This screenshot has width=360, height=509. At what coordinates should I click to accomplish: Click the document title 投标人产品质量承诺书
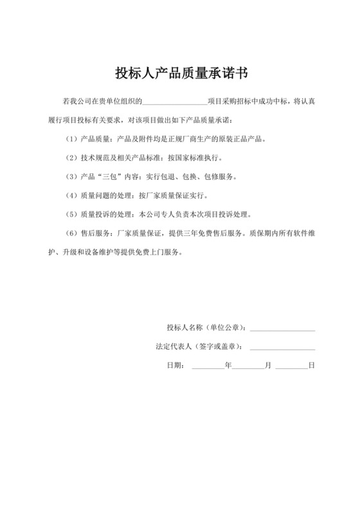tap(181, 72)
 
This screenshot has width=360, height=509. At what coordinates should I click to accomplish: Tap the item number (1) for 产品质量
tap(71, 139)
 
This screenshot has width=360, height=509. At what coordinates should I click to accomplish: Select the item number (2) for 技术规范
tap(71, 157)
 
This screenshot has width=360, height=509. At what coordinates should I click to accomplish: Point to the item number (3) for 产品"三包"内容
tap(71, 176)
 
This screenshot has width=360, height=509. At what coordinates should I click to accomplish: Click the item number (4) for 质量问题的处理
tap(71, 195)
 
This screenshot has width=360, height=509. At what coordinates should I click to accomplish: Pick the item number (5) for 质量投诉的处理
tap(71, 214)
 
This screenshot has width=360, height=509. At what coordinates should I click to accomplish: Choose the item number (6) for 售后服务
tap(71, 233)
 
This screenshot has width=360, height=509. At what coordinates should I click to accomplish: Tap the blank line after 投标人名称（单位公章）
tap(282, 329)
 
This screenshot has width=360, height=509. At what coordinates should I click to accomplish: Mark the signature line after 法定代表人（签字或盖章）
tap(282, 348)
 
